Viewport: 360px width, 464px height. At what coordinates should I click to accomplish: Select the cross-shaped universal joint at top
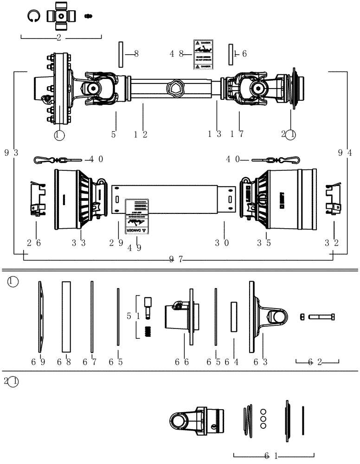pos(60,16)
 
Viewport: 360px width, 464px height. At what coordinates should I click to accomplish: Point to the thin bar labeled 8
pos(120,54)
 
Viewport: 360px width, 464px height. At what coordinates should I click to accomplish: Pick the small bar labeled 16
pos(230,54)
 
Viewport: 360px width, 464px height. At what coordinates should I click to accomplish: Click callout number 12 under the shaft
pos(141,134)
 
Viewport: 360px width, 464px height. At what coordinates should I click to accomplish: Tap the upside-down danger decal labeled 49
pos(138,216)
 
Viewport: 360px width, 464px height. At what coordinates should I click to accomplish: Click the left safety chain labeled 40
pos(58,160)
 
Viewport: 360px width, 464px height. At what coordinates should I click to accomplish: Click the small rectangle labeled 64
pos(234,317)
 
